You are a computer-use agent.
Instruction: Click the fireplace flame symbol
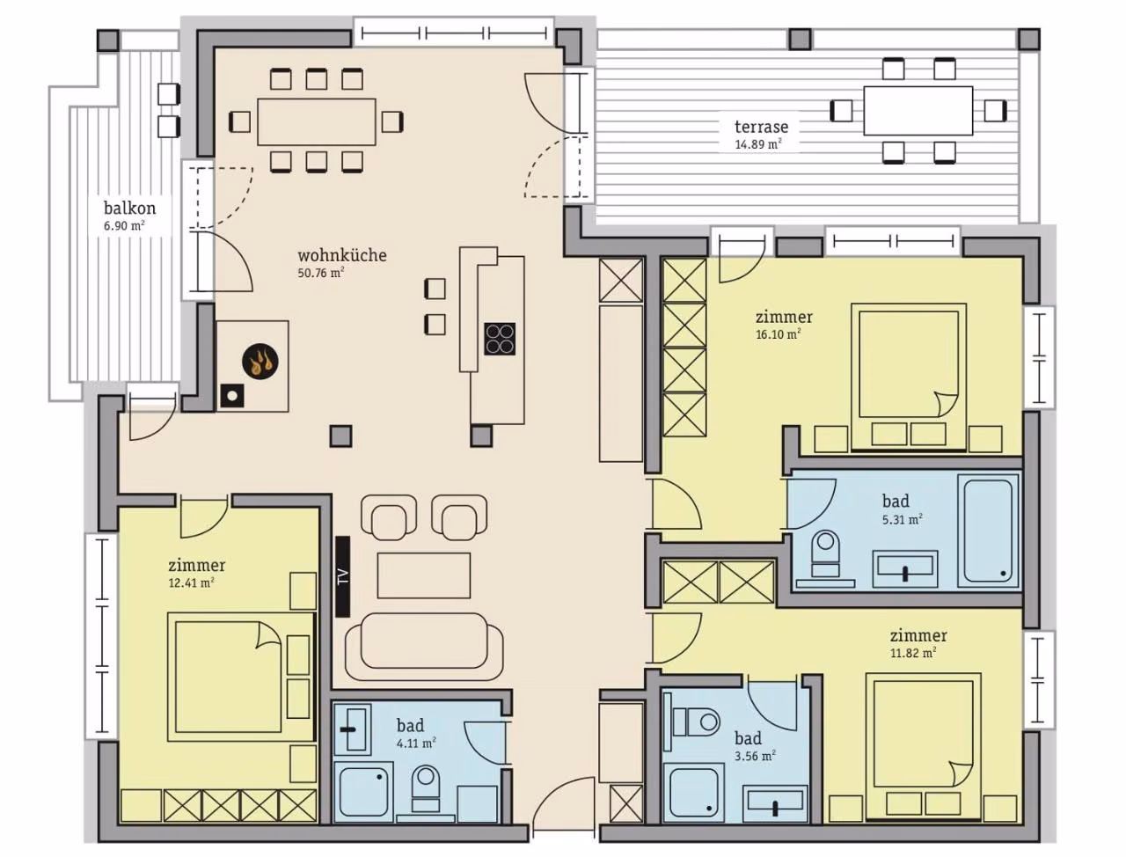coord(260,363)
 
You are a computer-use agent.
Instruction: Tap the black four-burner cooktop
coord(500,339)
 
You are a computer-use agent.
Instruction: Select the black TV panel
coord(343,576)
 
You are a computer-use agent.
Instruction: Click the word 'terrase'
coord(761,126)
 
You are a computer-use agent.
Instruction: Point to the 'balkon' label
coord(130,209)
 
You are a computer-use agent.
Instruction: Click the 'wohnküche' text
coord(342,255)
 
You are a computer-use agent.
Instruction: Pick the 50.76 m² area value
coord(320,273)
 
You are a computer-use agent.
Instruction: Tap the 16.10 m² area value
coord(779,334)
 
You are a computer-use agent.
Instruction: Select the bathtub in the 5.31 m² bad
coord(989,531)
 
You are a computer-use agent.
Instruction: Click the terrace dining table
coord(918,111)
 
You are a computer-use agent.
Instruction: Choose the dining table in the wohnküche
coord(317,122)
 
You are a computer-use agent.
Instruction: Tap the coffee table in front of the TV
coord(424,575)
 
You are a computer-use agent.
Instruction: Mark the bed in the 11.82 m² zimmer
coord(924,747)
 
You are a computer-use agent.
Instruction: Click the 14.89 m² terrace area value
coord(758,144)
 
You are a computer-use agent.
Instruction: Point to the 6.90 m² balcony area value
coord(124,225)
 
